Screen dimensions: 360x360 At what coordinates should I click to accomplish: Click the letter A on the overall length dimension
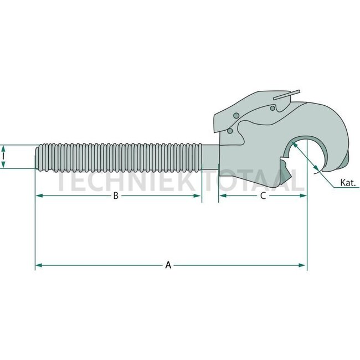168,266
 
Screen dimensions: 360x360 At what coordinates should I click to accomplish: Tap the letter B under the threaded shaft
115,196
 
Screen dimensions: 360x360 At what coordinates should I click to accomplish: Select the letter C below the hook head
263,196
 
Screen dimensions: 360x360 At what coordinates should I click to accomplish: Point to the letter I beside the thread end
4,157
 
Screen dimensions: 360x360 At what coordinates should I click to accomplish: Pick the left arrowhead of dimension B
38,196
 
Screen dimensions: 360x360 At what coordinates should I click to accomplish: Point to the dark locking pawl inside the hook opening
284,166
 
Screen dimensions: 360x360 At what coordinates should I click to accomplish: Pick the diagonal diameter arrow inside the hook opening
305,156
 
